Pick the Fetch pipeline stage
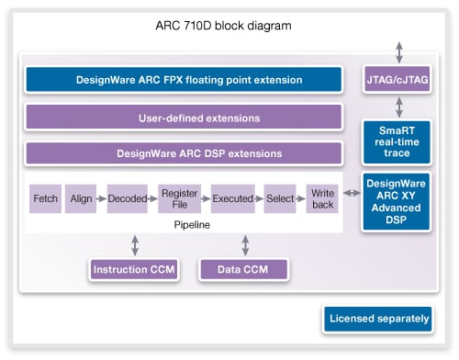coord(45,198)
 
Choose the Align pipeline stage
coord(81,198)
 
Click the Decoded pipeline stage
coord(126,198)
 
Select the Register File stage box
coord(178,198)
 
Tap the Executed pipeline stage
coord(232,198)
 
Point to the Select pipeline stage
coord(281,198)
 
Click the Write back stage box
coord(321,198)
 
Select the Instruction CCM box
coord(133,270)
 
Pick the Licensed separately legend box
coord(377,320)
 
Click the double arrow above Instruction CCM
coord(136,244)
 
